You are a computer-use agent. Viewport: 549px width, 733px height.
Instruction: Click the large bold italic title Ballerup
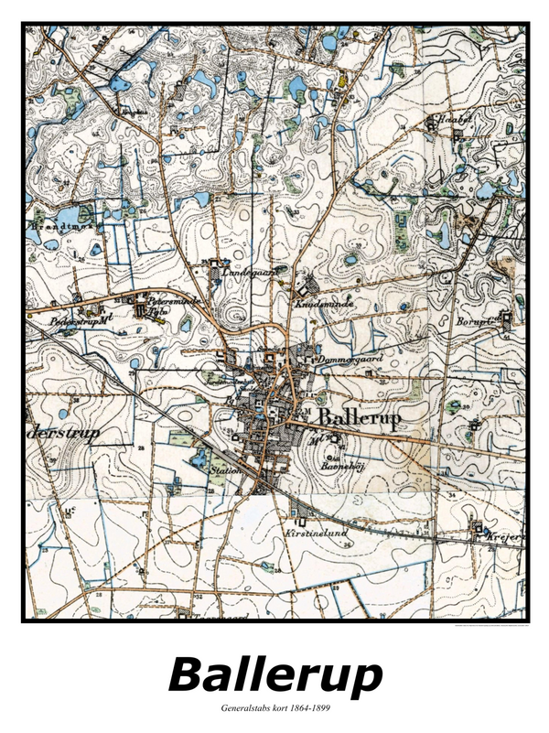tap(274, 675)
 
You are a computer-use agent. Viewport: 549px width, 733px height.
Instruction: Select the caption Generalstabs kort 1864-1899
tap(274, 708)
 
